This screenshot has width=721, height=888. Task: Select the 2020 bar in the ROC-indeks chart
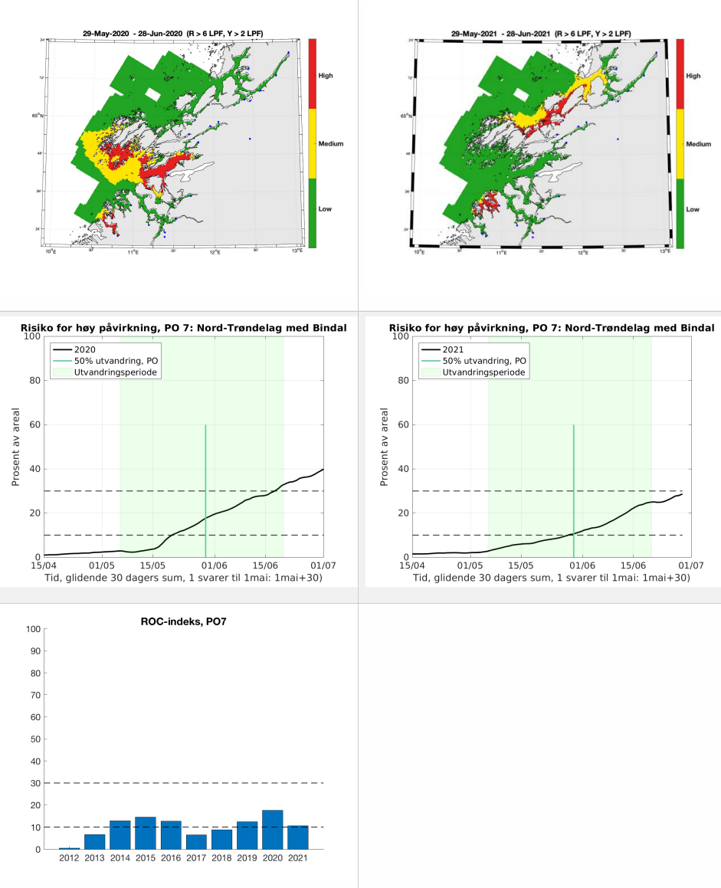tap(273, 830)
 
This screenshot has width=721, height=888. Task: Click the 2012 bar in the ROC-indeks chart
tap(69, 848)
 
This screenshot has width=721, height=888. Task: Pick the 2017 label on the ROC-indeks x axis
tap(196, 858)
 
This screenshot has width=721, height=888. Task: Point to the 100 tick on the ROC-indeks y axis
tap(32, 630)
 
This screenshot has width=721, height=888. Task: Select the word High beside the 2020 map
tap(326, 76)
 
